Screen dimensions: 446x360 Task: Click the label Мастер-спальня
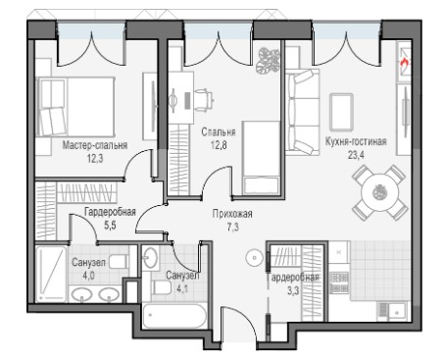(x=95, y=145)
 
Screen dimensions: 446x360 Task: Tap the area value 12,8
(x=219, y=144)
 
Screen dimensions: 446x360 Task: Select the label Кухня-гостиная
(x=356, y=141)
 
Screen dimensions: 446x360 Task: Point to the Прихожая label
(x=232, y=214)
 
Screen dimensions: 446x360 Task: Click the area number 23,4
(x=356, y=155)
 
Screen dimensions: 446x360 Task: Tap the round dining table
(x=379, y=192)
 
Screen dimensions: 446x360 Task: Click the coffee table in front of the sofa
(x=341, y=112)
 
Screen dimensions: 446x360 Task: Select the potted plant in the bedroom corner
(x=269, y=61)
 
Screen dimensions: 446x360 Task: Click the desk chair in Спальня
(x=204, y=99)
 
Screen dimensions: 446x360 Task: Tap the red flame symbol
(x=405, y=62)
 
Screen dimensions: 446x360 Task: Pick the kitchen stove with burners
(x=339, y=283)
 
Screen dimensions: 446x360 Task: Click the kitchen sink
(x=392, y=310)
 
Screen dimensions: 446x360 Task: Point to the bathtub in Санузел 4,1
(x=174, y=316)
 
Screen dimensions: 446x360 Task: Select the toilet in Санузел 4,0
(x=119, y=262)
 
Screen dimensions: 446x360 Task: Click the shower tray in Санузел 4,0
(x=51, y=274)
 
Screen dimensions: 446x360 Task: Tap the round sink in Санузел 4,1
(x=151, y=258)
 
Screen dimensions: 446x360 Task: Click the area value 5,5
(x=110, y=225)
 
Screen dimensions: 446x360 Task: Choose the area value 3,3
(x=293, y=290)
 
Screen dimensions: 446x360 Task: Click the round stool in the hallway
(x=254, y=258)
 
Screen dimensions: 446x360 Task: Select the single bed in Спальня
(x=262, y=158)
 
